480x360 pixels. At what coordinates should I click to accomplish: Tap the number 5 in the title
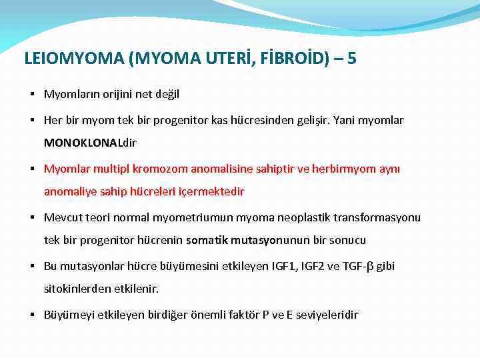pos(351,59)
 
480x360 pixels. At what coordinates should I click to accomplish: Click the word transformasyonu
pos(378,217)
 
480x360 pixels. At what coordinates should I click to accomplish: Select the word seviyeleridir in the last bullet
pos(325,315)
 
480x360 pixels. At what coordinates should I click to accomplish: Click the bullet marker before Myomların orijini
pos(33,95)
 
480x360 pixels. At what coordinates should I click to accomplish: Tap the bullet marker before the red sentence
pos(33,169)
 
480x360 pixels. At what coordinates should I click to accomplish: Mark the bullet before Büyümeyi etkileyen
pos(33,315)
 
